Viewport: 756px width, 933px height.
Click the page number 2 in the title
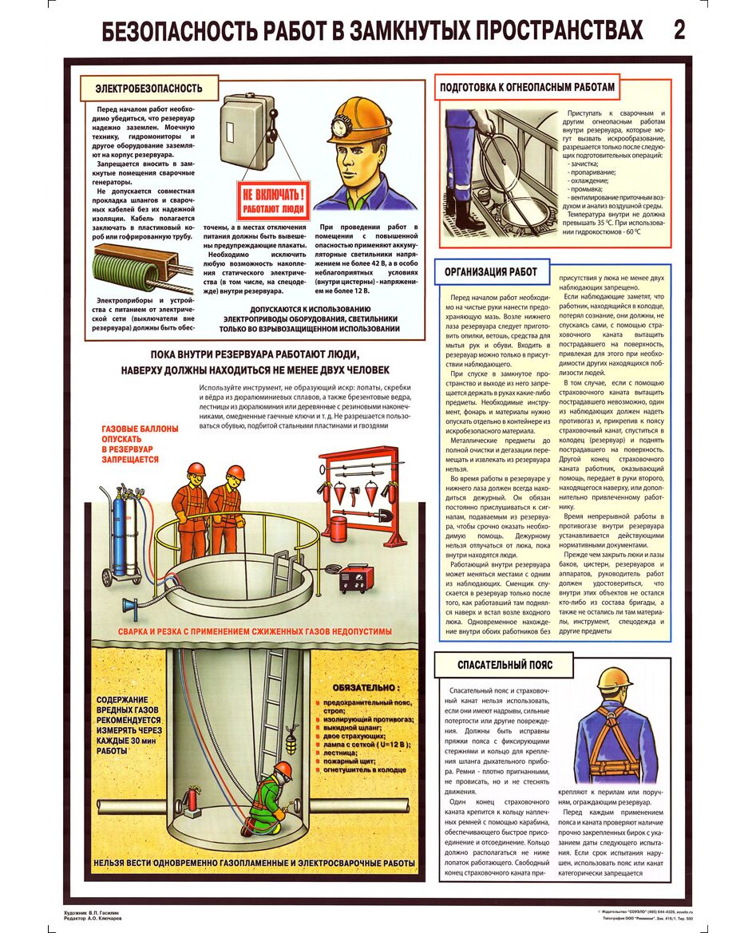[679, 30]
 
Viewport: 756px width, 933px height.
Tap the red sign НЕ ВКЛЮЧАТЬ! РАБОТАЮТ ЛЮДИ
[274, 199]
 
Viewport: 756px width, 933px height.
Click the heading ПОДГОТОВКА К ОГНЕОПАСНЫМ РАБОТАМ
[528, 87]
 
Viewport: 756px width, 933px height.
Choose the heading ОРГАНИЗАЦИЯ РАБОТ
[490, 271]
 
